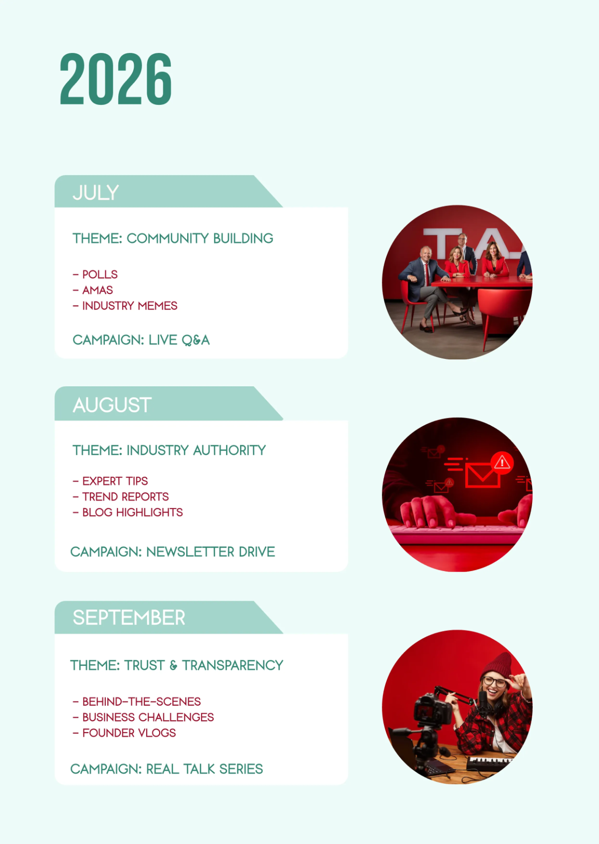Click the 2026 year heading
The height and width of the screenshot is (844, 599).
click(x=116, y=79)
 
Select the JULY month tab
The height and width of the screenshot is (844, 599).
click(x=96, y=193)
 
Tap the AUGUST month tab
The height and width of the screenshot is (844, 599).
click(x=112, y=405)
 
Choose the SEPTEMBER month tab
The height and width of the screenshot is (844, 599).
click(x=129, y=618)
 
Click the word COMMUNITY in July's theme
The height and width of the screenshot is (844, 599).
click(x=168, y=239)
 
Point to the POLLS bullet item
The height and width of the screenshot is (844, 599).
click(x=100, y=275)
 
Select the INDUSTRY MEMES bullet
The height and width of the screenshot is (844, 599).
click(x=129, y=306)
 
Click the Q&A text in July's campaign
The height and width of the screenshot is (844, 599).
click(x=196, y=340)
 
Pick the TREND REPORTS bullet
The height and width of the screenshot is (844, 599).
click(x=125, y=497)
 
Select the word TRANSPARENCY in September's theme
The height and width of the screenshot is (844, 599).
click(x=233, y=665)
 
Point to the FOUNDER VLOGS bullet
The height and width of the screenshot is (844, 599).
click(x=129, y=733)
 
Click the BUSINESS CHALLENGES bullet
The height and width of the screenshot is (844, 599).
click(x=148, y=717)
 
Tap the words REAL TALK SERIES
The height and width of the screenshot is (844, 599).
click(x=205, y=769)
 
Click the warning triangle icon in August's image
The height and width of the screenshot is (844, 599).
click(x=502, y=462)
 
